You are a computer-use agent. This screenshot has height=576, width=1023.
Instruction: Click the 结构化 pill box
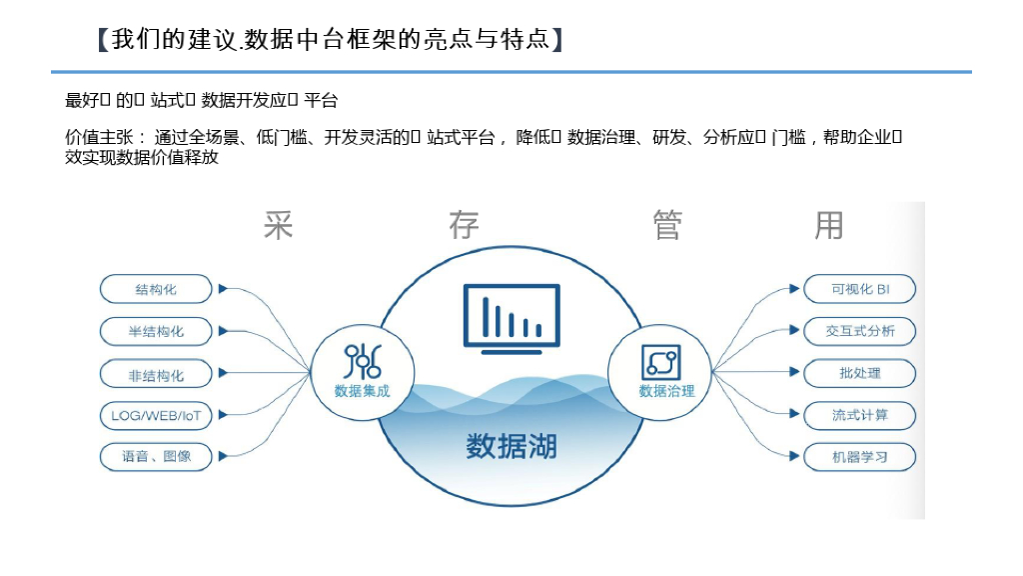[x=156, y=289]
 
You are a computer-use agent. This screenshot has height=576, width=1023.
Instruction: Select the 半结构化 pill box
[x=156, y=331]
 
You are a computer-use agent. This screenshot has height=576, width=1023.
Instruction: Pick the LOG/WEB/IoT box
[x=156, y=415]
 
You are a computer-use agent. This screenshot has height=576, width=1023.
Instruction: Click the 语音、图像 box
[x=156, y=457]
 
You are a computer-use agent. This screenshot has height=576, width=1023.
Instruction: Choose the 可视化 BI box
[x=859, y=289]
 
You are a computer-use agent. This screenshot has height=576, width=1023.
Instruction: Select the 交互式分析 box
[x=859, y=331]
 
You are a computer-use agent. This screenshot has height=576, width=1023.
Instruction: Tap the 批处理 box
[x=859, y=373]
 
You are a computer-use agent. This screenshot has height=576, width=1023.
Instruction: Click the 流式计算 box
[x=859, y=415]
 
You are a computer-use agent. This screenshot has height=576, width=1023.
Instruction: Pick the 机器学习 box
[x=859, y=457]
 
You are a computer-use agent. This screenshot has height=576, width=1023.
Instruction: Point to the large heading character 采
[x=279, y=225]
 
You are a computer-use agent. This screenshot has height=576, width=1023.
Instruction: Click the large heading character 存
[x=464, y=225]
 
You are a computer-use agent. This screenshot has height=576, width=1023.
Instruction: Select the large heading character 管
[x=667, y=225]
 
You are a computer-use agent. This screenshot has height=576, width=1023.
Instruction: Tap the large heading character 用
[x=829, y=225]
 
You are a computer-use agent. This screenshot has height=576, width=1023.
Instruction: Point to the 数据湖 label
[x=511, y=446]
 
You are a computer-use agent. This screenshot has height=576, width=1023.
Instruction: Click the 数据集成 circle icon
[x=362, y=369]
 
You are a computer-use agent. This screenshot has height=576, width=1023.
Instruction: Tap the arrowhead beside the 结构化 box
[x=223, y=289]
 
